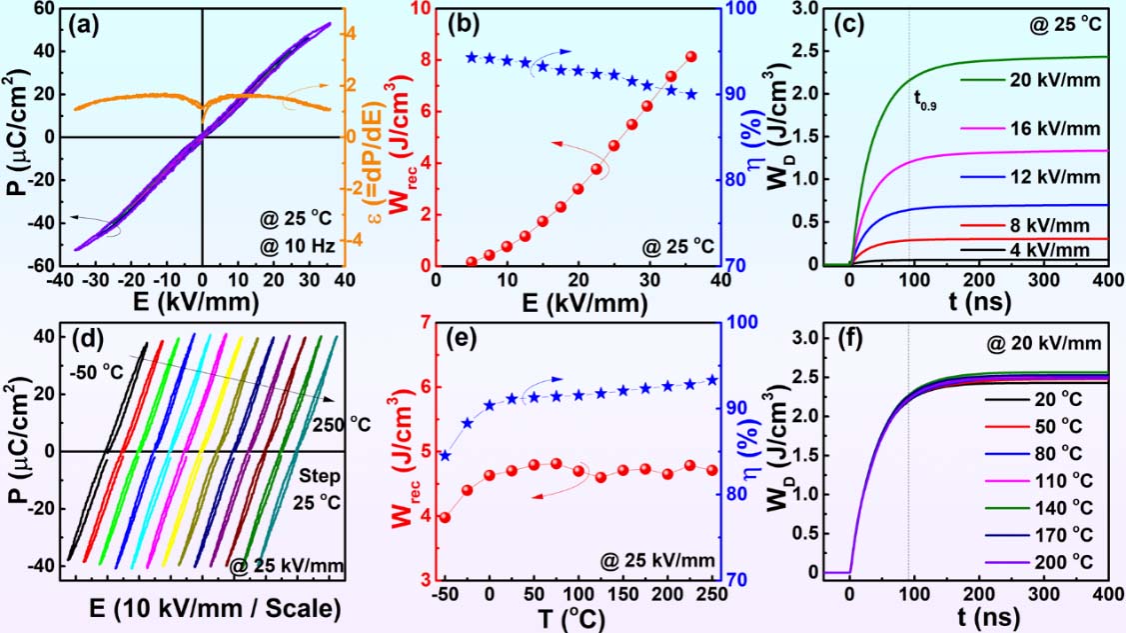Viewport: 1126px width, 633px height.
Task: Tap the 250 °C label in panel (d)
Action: pyautogui.click(x=341, y=424)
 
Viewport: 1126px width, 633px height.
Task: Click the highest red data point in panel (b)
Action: pyautogui.click(x=691, y=57)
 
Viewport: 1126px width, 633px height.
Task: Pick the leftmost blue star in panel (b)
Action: pyautogui.click(x=472, y=58)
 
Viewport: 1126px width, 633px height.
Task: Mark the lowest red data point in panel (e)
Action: pyautogui.click(x=445, y=517)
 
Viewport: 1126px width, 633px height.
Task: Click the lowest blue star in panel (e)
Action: pyautogui.click(x=445, y=456)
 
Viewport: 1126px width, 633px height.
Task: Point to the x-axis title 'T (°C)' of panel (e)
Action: pyautogui.click(x=574, y=618)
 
